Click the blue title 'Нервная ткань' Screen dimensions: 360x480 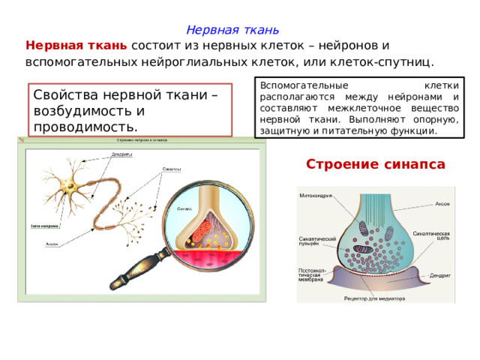[232, 30]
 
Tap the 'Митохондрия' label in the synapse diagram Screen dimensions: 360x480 [317, 196]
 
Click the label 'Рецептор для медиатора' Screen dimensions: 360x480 [375, 298]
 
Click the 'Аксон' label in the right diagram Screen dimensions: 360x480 [443, 204]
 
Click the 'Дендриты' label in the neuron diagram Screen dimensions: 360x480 [123, 154]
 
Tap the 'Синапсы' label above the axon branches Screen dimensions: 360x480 [171, 169]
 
